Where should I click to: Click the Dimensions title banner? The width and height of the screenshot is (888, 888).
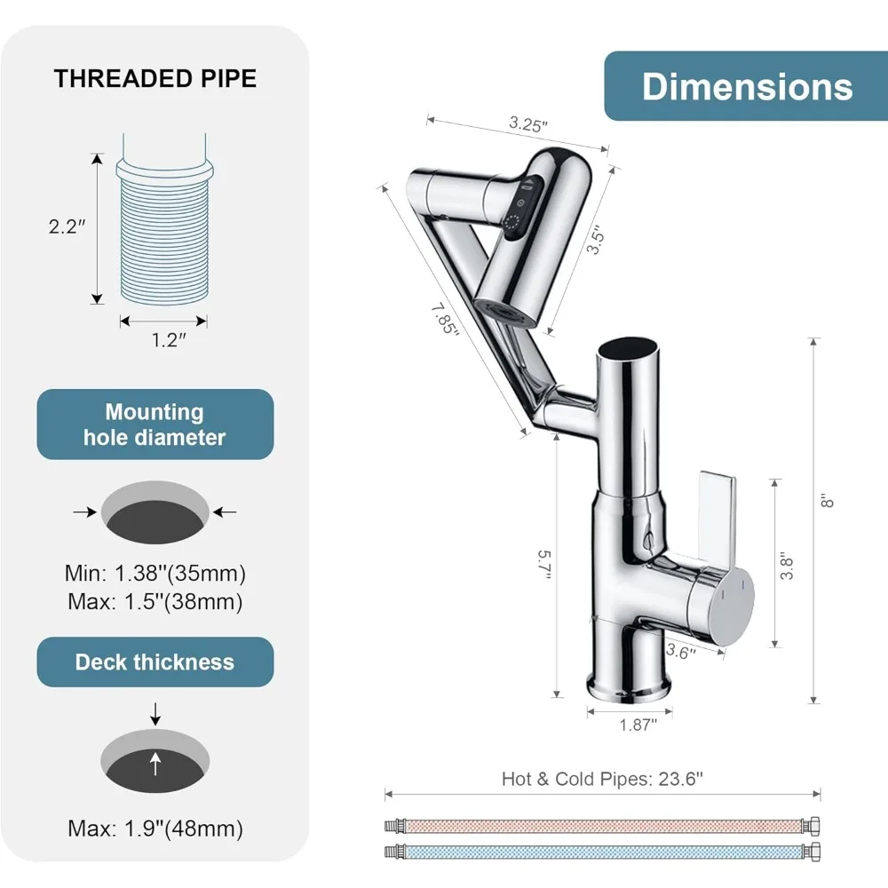click(746, 86)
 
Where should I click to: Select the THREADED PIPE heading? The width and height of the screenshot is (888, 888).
click(155, 78)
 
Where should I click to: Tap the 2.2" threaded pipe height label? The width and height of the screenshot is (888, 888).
click(67, 226)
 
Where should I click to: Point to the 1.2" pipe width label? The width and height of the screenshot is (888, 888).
click(164, 340)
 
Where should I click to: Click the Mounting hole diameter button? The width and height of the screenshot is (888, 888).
click(155, 424)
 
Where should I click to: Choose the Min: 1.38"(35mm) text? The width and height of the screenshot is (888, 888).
click(155, 573)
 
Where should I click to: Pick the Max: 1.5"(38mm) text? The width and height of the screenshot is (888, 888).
click(155, 602)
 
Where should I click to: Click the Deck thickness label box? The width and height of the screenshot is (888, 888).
click(155, 662)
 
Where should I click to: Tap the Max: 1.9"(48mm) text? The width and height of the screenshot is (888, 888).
click(155, 829)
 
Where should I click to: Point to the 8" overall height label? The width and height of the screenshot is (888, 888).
click(829, 501)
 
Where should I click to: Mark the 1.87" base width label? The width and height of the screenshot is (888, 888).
click(638, 725)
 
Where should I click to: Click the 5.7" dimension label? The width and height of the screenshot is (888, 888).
click(544, 564)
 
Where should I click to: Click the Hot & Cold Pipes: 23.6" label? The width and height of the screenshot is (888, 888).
click(602, 779)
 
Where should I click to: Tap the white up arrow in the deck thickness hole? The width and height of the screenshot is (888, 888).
click(155, 763)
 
